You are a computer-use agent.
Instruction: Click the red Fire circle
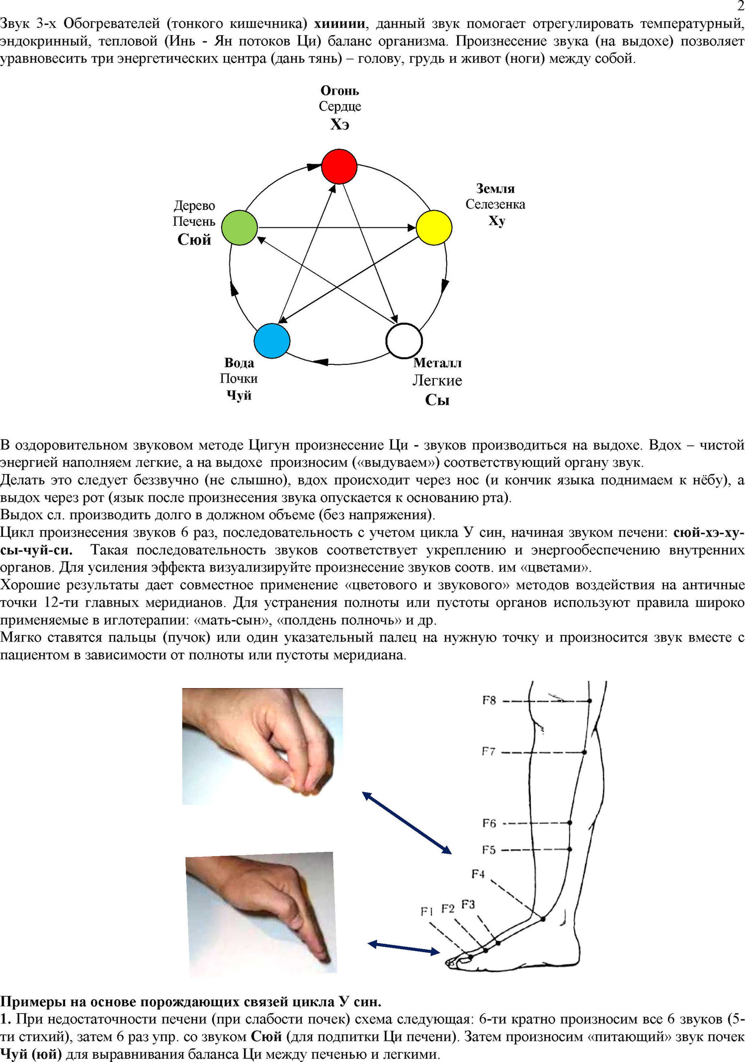tap(339, 166)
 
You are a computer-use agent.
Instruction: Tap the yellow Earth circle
tap(434, 227)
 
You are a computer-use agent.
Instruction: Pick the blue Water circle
tap(272, 340)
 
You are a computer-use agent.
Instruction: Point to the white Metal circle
tap(404, 340)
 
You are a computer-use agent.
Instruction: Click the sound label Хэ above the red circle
tap(339, 124)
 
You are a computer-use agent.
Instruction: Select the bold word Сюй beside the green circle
tap(194, 239)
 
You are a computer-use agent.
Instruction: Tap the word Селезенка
tap(495, 204)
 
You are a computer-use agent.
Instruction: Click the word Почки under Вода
tap(238, 378)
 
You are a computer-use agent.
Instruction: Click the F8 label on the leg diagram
tap(489, 700)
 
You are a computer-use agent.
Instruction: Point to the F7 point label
tap(488, 752)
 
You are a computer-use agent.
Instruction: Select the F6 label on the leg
tap(489, 823)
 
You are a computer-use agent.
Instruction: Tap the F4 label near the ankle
tap(478, 874)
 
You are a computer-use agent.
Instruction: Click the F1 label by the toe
tap(427, 911)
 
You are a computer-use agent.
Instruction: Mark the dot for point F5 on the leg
tap(570, 849)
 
